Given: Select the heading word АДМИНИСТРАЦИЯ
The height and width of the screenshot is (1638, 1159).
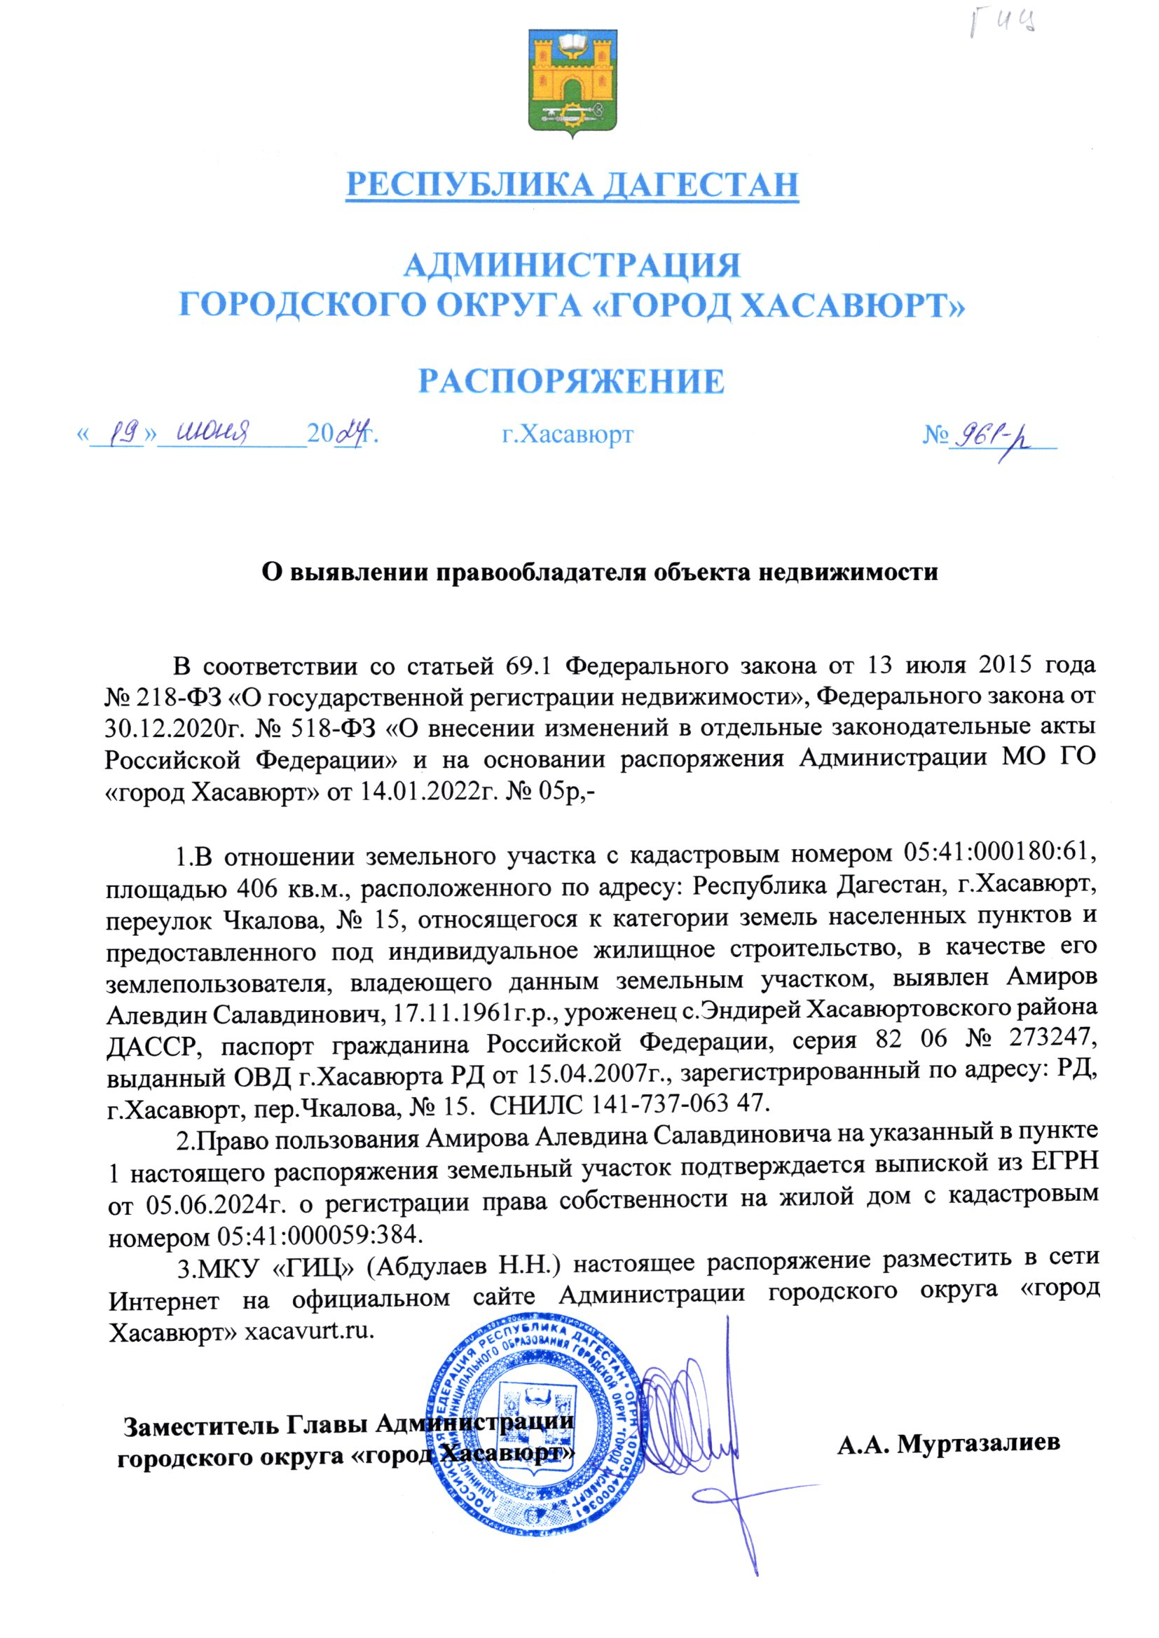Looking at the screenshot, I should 572,266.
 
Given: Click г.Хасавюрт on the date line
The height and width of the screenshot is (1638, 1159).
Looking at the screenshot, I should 568,434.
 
